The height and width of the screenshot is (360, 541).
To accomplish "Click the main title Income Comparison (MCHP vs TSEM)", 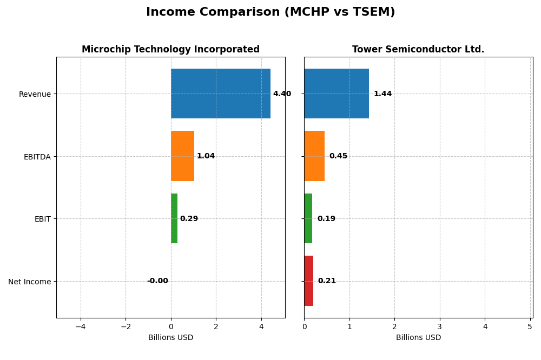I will (270, 12).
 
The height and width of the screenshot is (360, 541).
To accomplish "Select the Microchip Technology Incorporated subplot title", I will (170, 49).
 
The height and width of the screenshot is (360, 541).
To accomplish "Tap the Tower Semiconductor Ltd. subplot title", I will (418, 49).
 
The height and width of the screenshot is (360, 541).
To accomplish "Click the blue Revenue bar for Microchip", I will (221, 94).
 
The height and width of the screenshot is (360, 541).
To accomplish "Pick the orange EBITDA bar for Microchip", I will (182, 156).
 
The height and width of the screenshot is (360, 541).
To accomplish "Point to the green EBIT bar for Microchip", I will (174, 218).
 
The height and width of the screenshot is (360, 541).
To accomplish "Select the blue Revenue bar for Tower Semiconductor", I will (337, 94).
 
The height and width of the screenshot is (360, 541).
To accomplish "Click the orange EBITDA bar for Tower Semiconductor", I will (314, 156).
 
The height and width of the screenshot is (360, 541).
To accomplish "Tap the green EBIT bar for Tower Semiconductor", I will (308, 218).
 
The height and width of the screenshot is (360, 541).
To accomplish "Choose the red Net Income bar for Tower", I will (309, 281).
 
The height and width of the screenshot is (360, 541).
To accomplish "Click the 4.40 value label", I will (282, 94).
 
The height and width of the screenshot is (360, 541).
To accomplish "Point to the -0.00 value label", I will (157, 281).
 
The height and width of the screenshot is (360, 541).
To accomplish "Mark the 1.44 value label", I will (382, 94).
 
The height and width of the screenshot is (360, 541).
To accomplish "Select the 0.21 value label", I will (327, 281).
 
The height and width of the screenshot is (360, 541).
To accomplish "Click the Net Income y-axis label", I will (30, 282).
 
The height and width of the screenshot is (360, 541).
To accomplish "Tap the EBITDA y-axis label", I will (37, 157).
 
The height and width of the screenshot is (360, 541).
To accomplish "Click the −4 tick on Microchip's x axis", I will (81, 326).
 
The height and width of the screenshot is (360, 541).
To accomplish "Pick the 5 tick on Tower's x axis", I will (530, 326).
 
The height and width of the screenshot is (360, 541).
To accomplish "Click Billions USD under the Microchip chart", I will (170, 338).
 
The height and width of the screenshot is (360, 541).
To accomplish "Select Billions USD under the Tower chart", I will (418, 338).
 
